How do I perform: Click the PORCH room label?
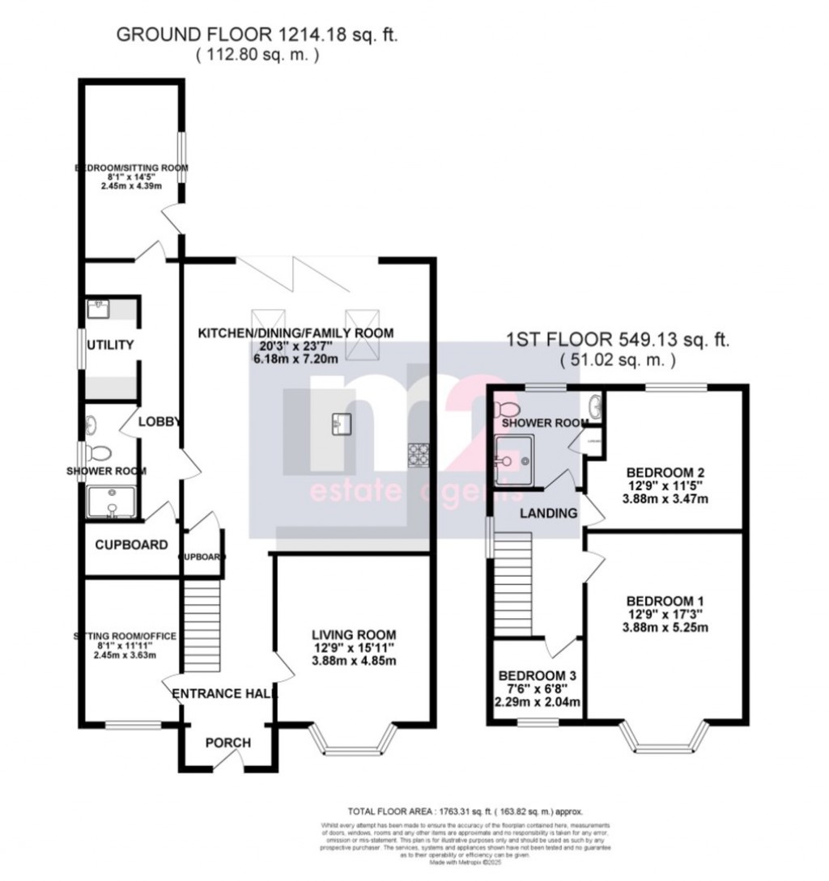pyautogui.click(x=227, y=743)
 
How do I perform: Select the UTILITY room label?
pyautogui.click(x=111, y=345)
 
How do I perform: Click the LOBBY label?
pyautogui.click(x=158, y=421)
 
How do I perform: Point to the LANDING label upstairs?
pyautogui.click(x=548, y=513)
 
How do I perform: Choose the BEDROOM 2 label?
pyautogui.click(x=665, y=472)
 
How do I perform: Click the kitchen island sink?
pyautogui.click(x=341, y=422)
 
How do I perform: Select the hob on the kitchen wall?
pyautogui.click(x=419, y=455)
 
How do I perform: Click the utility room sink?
pyautogui.click(x=99, y=307)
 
